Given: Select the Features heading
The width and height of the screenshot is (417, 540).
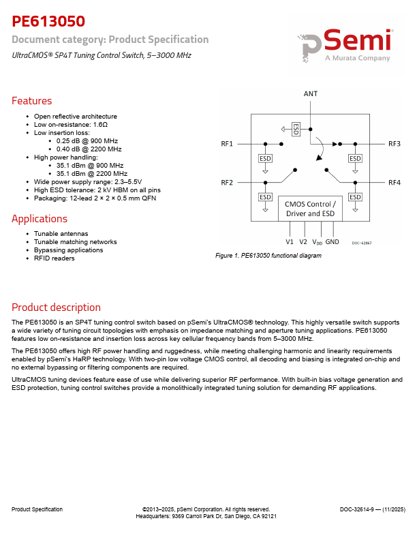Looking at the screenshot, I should (x=31, y=101).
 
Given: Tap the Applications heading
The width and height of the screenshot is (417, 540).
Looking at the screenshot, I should (x=40, y=219).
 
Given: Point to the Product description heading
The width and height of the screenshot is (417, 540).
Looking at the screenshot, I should (x=56, y=307).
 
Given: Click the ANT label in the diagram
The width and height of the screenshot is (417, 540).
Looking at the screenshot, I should (x=310, y=94).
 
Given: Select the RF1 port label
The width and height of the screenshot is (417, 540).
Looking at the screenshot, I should (x=227, y=144).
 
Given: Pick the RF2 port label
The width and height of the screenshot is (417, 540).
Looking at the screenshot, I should (x=227, y=183).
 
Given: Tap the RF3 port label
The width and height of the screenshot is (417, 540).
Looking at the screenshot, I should (x=395, y=144).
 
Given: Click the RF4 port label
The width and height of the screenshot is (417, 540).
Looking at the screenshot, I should (x=395, y=183).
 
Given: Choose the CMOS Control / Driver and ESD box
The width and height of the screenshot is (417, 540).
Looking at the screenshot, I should (x=310, y=209).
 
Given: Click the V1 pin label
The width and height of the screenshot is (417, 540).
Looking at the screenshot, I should (x=289, y=241).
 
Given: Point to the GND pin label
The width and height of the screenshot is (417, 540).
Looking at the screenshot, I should (x=332, y=241).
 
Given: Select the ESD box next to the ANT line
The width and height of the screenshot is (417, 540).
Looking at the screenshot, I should (x=296, y=127).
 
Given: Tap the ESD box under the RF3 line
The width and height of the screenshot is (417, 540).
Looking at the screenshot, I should (x=355, y=158).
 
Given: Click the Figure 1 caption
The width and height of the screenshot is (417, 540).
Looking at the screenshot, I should (x=268, y=256).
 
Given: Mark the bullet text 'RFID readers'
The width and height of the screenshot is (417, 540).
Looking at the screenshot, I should (x=55, y=258).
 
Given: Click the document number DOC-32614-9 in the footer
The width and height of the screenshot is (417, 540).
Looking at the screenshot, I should (x=372, y=509).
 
